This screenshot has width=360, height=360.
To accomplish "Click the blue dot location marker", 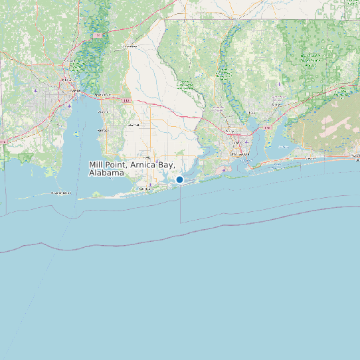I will pos(179,179).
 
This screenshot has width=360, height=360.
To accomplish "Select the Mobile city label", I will pos(74,90).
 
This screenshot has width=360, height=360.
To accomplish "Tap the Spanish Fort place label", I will pos(102,96).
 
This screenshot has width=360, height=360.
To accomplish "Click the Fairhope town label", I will pos(102,130).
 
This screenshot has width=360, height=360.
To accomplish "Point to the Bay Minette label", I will pos(130,47).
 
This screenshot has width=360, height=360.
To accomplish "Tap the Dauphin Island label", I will pos(62,193).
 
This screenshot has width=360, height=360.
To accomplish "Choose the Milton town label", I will pos(253,114).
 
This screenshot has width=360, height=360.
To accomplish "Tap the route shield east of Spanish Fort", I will pos(126,100).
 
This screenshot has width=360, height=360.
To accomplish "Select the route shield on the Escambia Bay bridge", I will pos(267,126).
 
